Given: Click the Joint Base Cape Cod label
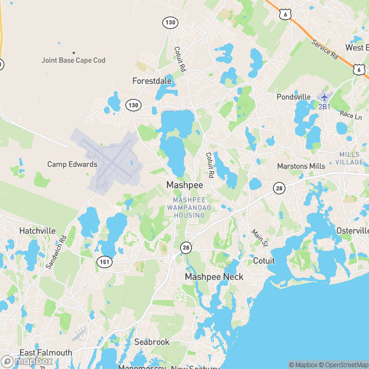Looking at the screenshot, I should click(73, 60).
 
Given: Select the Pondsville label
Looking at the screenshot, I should click(293, 97).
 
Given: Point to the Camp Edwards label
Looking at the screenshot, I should click(73, 164).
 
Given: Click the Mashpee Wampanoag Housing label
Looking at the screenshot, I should click(189, 208).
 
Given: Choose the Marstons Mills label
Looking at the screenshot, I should click(301, 166).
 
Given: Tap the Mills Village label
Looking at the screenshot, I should click(349, 158).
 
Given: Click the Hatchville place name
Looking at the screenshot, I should click(38, 231).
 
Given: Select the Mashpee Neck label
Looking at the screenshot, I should click(214, 277).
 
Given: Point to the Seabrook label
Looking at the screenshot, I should click(152, 342).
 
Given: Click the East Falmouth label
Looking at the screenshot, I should click(46, 353).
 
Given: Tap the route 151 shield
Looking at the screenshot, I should click(103, 262).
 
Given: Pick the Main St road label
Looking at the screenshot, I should click(258, 238).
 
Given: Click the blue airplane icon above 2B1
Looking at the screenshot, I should click(323, 97).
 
